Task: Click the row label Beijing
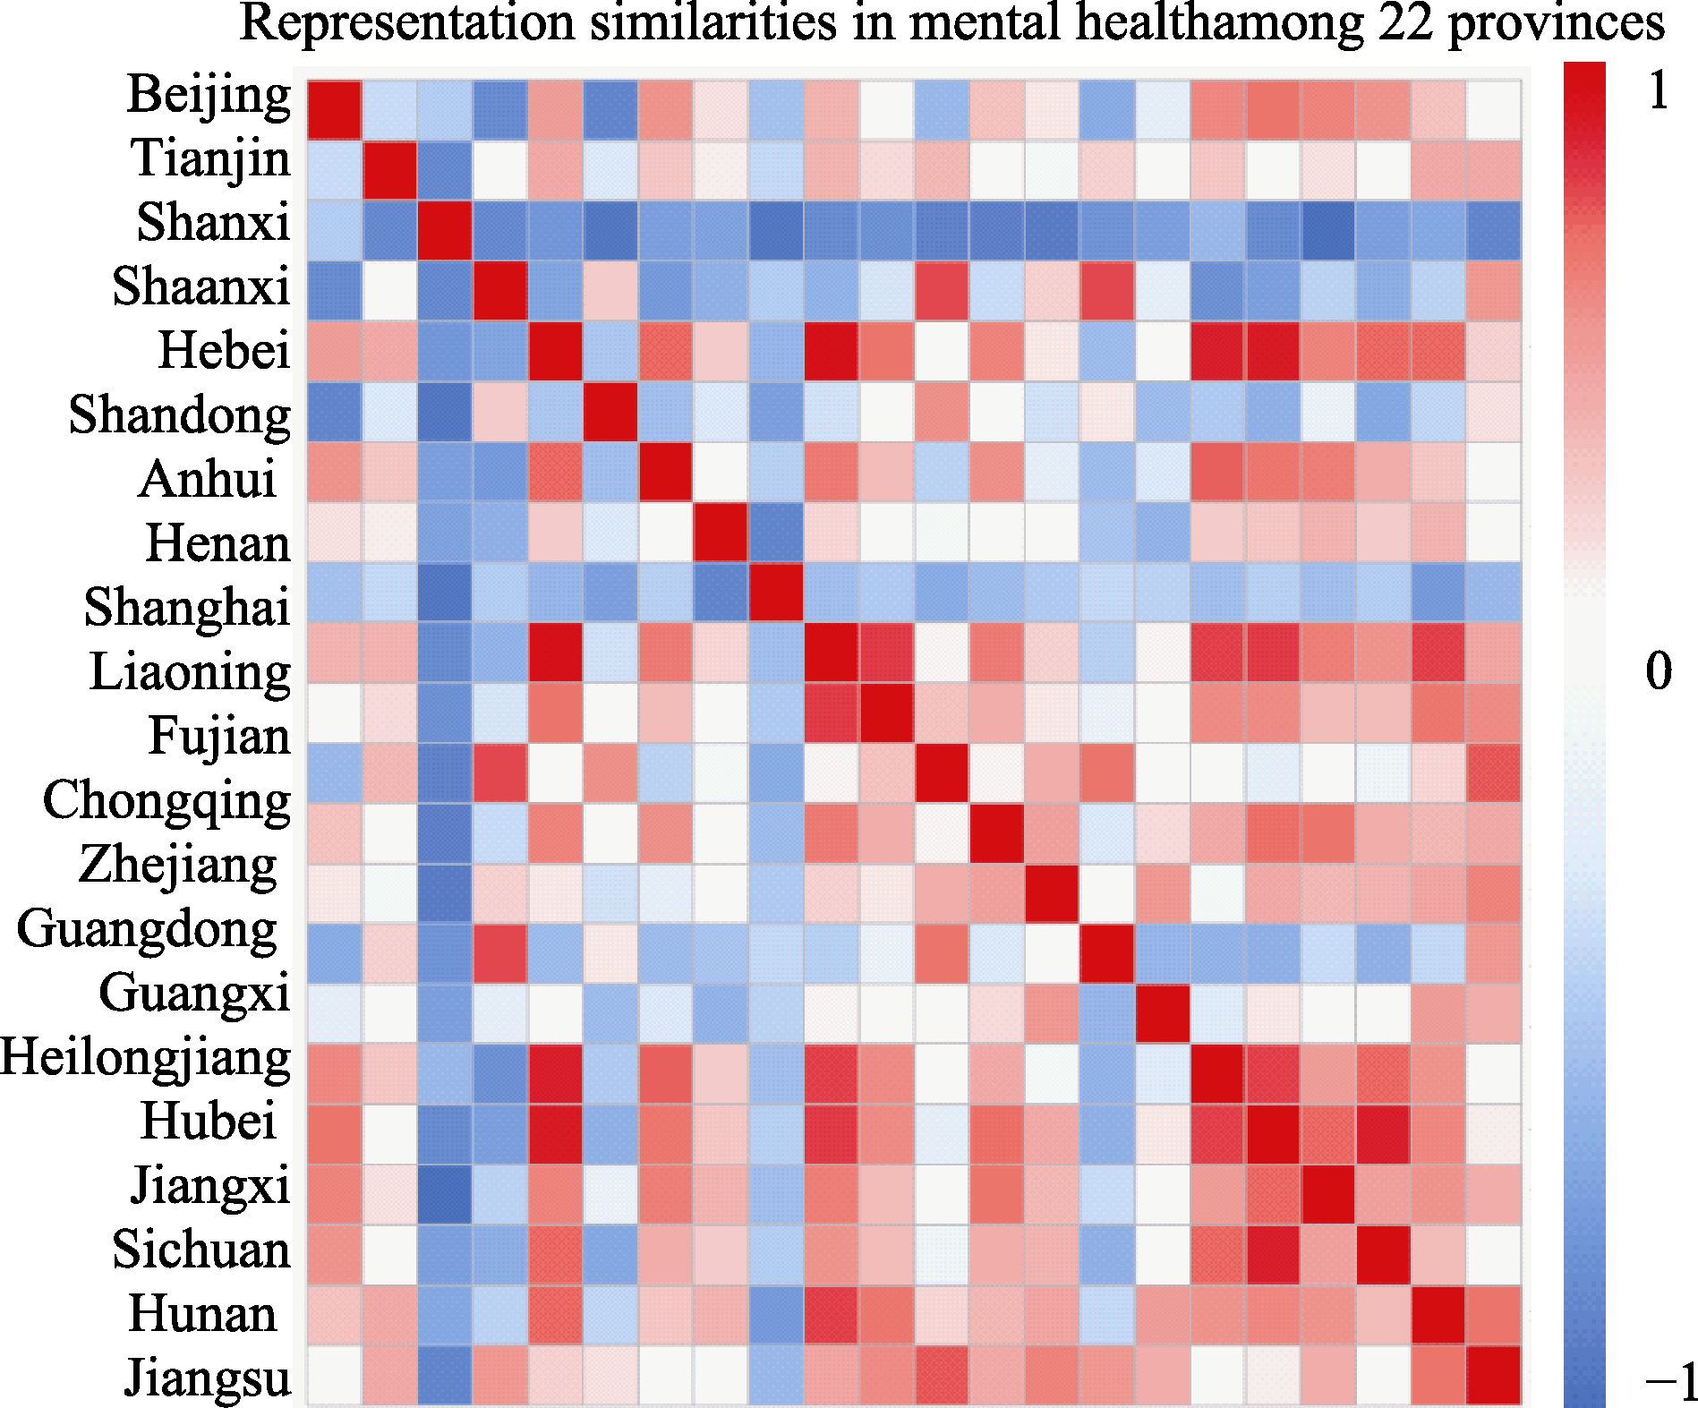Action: click(209, 95)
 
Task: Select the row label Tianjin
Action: click(211, 159)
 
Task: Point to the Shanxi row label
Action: click(213, 222)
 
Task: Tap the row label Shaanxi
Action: click(201, 286)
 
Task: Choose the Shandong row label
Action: click(180, 415)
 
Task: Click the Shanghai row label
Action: click(187, 607)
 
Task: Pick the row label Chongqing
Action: click(166, 800)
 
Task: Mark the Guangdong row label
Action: click(148, 928)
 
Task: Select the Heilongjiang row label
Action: click(146, 1057)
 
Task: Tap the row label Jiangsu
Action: click(208, 1377)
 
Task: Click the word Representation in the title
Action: click(407, 22)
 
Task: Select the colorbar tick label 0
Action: click(1659, 671)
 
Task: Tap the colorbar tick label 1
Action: click(1659, 91)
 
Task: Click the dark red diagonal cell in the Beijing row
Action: click(335, 110)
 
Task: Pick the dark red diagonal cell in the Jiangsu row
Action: click(1494, 1375)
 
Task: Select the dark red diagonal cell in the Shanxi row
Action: click(445, 230)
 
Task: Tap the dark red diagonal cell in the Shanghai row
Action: click(775, 592)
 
